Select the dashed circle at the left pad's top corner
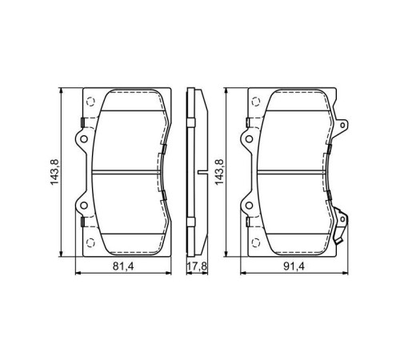(x=90, y=101)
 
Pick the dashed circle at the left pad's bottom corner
(x=90, y=241)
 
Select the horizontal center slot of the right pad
(x=293, y=170)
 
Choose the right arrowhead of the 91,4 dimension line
(x=348, y=272)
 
